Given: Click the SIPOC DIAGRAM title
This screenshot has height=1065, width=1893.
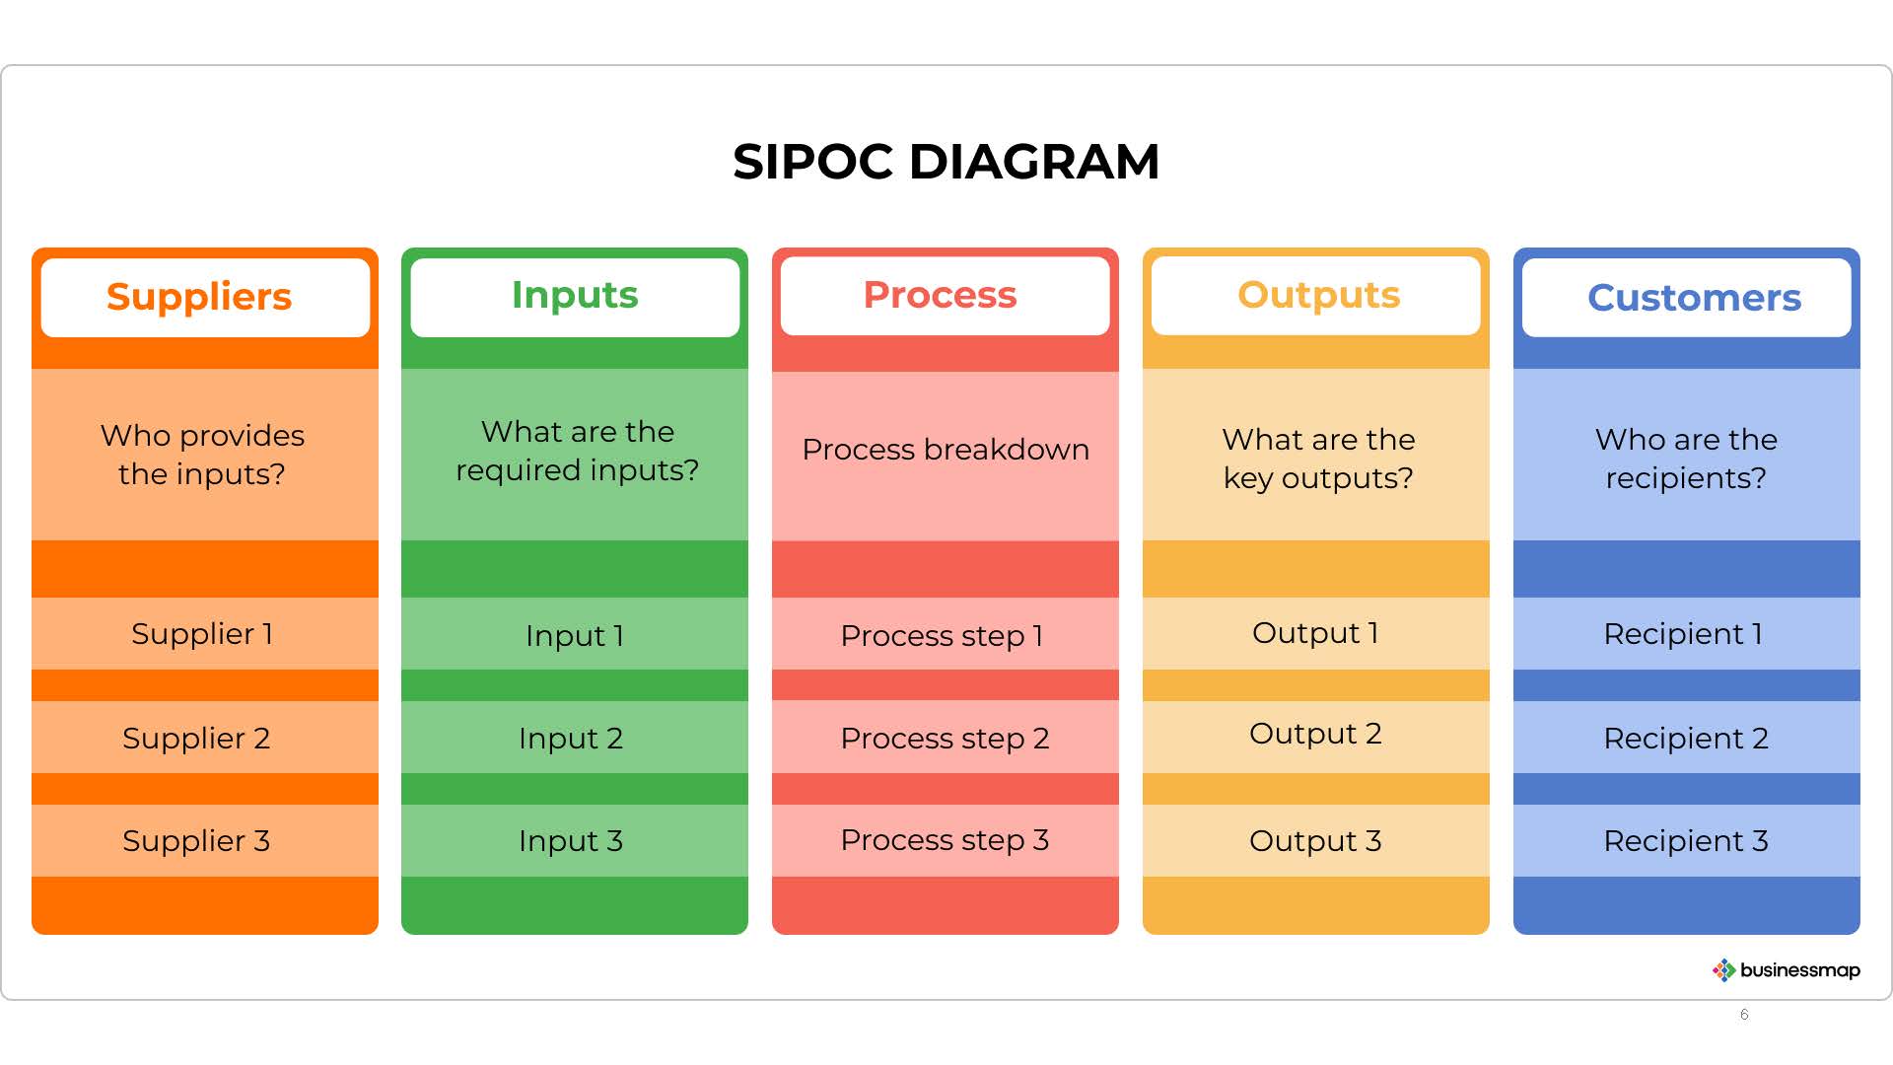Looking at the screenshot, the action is (946, 162).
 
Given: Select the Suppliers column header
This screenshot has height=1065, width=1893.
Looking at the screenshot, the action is (205, 297).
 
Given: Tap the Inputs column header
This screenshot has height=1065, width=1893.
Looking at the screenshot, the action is (575, 296).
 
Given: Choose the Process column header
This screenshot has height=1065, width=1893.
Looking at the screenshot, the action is (945, 296).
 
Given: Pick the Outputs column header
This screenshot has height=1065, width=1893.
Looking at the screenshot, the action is (1315, 296).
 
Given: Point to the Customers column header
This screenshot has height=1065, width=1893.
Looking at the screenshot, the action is (1686, 297).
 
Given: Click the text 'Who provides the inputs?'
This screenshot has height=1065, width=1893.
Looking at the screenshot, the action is (202, 455).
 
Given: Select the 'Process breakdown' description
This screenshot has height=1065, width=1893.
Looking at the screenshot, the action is (946, 450).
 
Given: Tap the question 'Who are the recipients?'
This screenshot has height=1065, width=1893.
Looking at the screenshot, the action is (1686, 459).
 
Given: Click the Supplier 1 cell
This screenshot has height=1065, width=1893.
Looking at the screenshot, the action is (205, 633).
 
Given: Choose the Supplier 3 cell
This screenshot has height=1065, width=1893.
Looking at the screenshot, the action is (205, 840).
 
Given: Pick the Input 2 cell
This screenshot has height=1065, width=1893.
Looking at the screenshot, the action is (575, 737).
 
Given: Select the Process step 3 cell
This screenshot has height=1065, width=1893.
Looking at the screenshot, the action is (946, 840).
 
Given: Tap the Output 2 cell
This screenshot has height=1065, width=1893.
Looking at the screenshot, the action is (1316, 737).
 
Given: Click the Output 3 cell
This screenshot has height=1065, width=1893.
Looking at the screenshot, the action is (1316, 840).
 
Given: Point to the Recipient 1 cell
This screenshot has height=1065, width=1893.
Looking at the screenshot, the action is (1687, 633).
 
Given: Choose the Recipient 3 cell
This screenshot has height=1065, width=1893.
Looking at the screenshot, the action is (1687, 840).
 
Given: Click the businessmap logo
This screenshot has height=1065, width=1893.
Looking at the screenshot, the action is (1786, 970).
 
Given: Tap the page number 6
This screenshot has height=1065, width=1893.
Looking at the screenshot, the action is (1744, 1015).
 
